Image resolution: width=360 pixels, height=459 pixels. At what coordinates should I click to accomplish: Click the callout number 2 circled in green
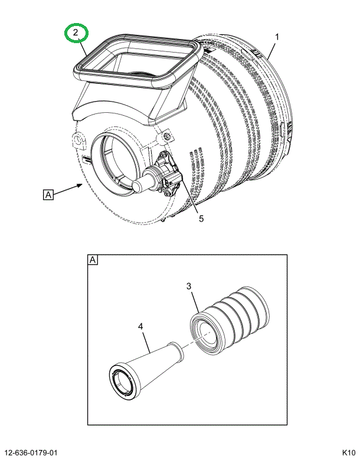tap(76, 32)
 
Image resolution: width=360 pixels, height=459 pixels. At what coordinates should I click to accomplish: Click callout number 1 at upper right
tap(277, 37)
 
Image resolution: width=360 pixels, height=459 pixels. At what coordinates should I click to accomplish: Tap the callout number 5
tap(201, 219)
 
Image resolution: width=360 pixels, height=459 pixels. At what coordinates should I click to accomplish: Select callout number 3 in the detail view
tap(189, 286)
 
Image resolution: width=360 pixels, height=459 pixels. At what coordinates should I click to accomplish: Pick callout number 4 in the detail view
tap(140, 327)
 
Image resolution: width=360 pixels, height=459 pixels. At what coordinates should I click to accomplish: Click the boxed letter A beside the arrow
tap(48, 195)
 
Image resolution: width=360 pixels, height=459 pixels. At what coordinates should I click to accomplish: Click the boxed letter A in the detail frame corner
tap(93, 260)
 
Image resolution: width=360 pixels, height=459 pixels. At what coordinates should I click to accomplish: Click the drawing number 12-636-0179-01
tap(31, 453)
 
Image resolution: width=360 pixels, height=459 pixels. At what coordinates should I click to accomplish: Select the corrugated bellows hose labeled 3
tap(230, 320)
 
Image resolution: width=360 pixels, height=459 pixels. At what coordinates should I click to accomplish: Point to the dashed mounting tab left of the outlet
tap(78, 141)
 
